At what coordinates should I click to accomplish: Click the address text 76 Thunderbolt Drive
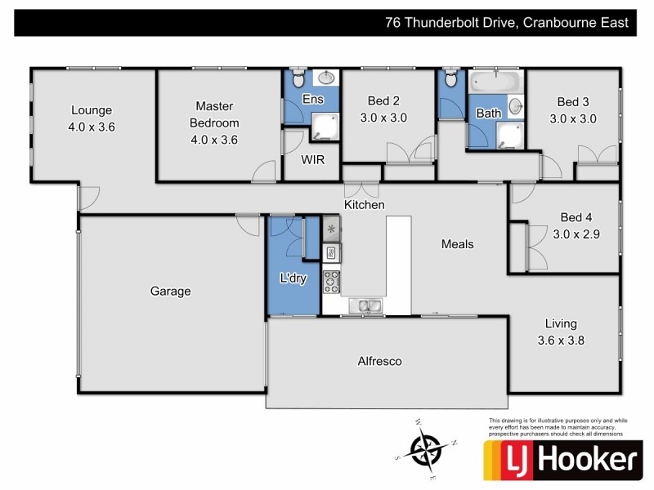[449, 23]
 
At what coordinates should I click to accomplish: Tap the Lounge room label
[91, 111]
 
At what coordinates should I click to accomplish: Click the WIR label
[313, 160]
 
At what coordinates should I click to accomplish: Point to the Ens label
[313, 99]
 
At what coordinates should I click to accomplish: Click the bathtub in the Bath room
[495, 82]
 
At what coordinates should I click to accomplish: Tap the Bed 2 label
[383, 101]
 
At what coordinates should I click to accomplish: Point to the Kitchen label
[364, 205]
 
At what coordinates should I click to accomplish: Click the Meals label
[457, 244]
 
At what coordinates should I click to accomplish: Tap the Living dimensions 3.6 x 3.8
[561, 341]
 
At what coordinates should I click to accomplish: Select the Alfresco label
[379, 361]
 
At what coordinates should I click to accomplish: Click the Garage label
[170, 291]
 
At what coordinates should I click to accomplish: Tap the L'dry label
[293, 278]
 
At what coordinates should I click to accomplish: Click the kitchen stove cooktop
[332, 282]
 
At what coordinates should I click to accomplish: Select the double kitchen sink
[364, 306]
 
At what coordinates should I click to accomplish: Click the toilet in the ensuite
[298, 78]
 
